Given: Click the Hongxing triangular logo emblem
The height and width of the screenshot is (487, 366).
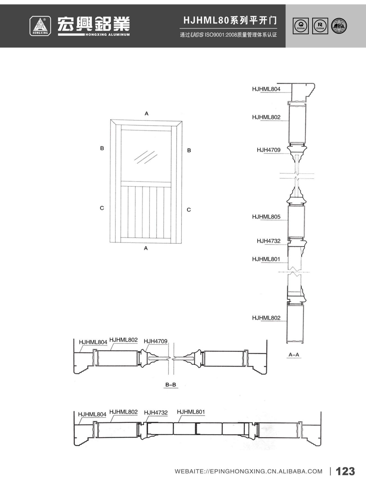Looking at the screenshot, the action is [40, 26].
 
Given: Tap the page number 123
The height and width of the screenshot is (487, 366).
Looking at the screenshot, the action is [345, 471].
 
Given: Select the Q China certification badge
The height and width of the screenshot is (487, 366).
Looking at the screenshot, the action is [301, 26].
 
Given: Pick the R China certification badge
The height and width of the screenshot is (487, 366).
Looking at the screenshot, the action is [320, 26].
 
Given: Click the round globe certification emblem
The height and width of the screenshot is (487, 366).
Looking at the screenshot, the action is [339, 26].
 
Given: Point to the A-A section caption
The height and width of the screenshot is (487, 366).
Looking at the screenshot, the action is [294, 355].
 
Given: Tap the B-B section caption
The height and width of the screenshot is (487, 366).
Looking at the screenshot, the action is [171, 385].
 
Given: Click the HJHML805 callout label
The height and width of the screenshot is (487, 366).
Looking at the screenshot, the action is [266, 217].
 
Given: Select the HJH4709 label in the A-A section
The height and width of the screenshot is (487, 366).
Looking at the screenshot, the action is [269, 150].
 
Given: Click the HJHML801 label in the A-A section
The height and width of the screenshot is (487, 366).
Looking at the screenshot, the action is [266, 259].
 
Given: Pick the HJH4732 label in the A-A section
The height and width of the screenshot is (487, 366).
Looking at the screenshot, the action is [269, 241].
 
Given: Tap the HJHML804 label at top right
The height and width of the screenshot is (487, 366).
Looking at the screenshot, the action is [266, 89].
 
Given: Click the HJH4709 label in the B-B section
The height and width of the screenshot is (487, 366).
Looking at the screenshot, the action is [155, 341].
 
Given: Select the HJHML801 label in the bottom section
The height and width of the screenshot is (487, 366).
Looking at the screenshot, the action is [191, 412].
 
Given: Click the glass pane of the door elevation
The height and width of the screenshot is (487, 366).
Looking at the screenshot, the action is [146, 156].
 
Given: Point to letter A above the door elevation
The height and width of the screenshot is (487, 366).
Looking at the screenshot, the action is [146, 114].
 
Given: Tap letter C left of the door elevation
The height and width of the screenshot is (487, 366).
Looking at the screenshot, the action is [102, 208].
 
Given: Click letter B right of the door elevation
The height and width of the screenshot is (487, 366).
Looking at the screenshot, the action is [189, 151].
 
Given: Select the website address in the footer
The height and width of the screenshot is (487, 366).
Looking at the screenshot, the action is [248, 471].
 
